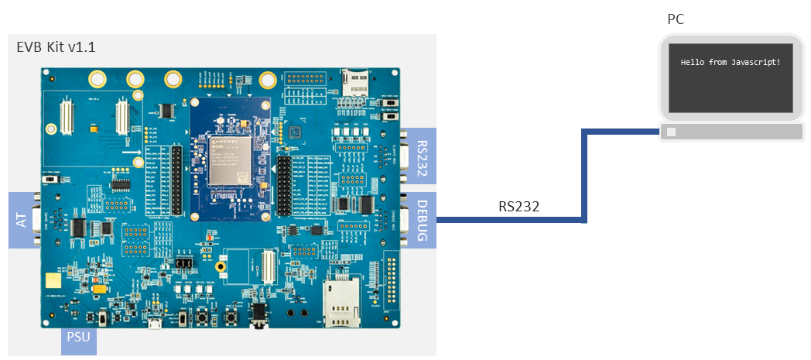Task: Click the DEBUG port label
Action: point(422,220)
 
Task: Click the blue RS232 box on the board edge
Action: point(422,158)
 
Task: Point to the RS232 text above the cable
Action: point(518,207)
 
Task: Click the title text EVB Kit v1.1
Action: point(56,47)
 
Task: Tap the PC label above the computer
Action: point(675,19)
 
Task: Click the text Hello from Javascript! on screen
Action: point(730,61)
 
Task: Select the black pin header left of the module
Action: point(179,180)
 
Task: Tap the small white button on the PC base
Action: point(671,132)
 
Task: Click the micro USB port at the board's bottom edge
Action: point(155,323)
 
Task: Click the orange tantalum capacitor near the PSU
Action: point(99,288)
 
